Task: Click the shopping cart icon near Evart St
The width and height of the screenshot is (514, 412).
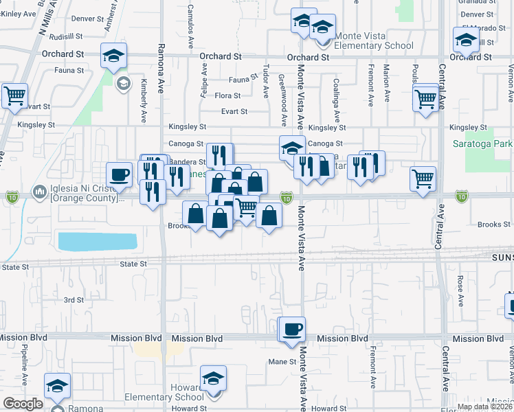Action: tap(14, 96)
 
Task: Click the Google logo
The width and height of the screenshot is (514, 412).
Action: tap(22, 404)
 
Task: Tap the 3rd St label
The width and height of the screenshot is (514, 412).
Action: tap(74, 300)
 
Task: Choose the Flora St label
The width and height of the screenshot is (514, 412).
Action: tap(227, 96)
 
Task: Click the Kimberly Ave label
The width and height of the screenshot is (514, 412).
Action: tap(144, 96)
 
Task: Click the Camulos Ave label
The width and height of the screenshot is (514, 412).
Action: tap(190, 27)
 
